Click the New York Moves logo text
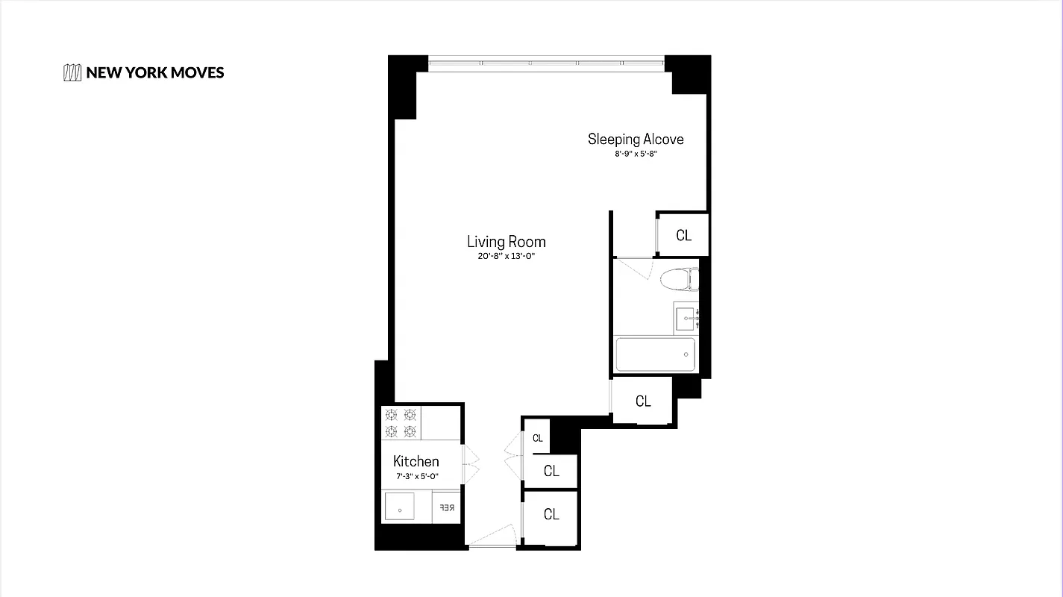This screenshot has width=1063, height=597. pos(154,72)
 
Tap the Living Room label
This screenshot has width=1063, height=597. pos(506,242)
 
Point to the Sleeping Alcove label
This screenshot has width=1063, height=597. pos(636,139)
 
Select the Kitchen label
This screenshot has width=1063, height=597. pos(416,461)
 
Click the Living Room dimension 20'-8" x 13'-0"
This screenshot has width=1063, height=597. pos(506,257)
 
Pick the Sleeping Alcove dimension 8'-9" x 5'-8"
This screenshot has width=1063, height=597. pos(636,154)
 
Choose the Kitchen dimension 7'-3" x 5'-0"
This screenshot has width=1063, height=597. pos(416,476)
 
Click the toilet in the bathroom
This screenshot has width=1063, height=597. pos(678,278)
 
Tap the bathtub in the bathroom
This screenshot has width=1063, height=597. pos(655,354)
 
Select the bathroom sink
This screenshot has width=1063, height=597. pos(686,318)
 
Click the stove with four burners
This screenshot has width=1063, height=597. pos(401,423)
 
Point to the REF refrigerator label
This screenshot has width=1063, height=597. pos(446,508)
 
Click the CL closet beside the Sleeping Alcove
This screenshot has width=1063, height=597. pos(683,235)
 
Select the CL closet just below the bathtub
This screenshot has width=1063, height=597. pos(643,401)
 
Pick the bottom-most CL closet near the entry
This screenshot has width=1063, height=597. pos(551,514)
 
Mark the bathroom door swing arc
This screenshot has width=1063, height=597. pos(634,267)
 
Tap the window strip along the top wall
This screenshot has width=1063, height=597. pos(546,63)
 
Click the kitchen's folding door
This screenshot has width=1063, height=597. pos(470,463)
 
